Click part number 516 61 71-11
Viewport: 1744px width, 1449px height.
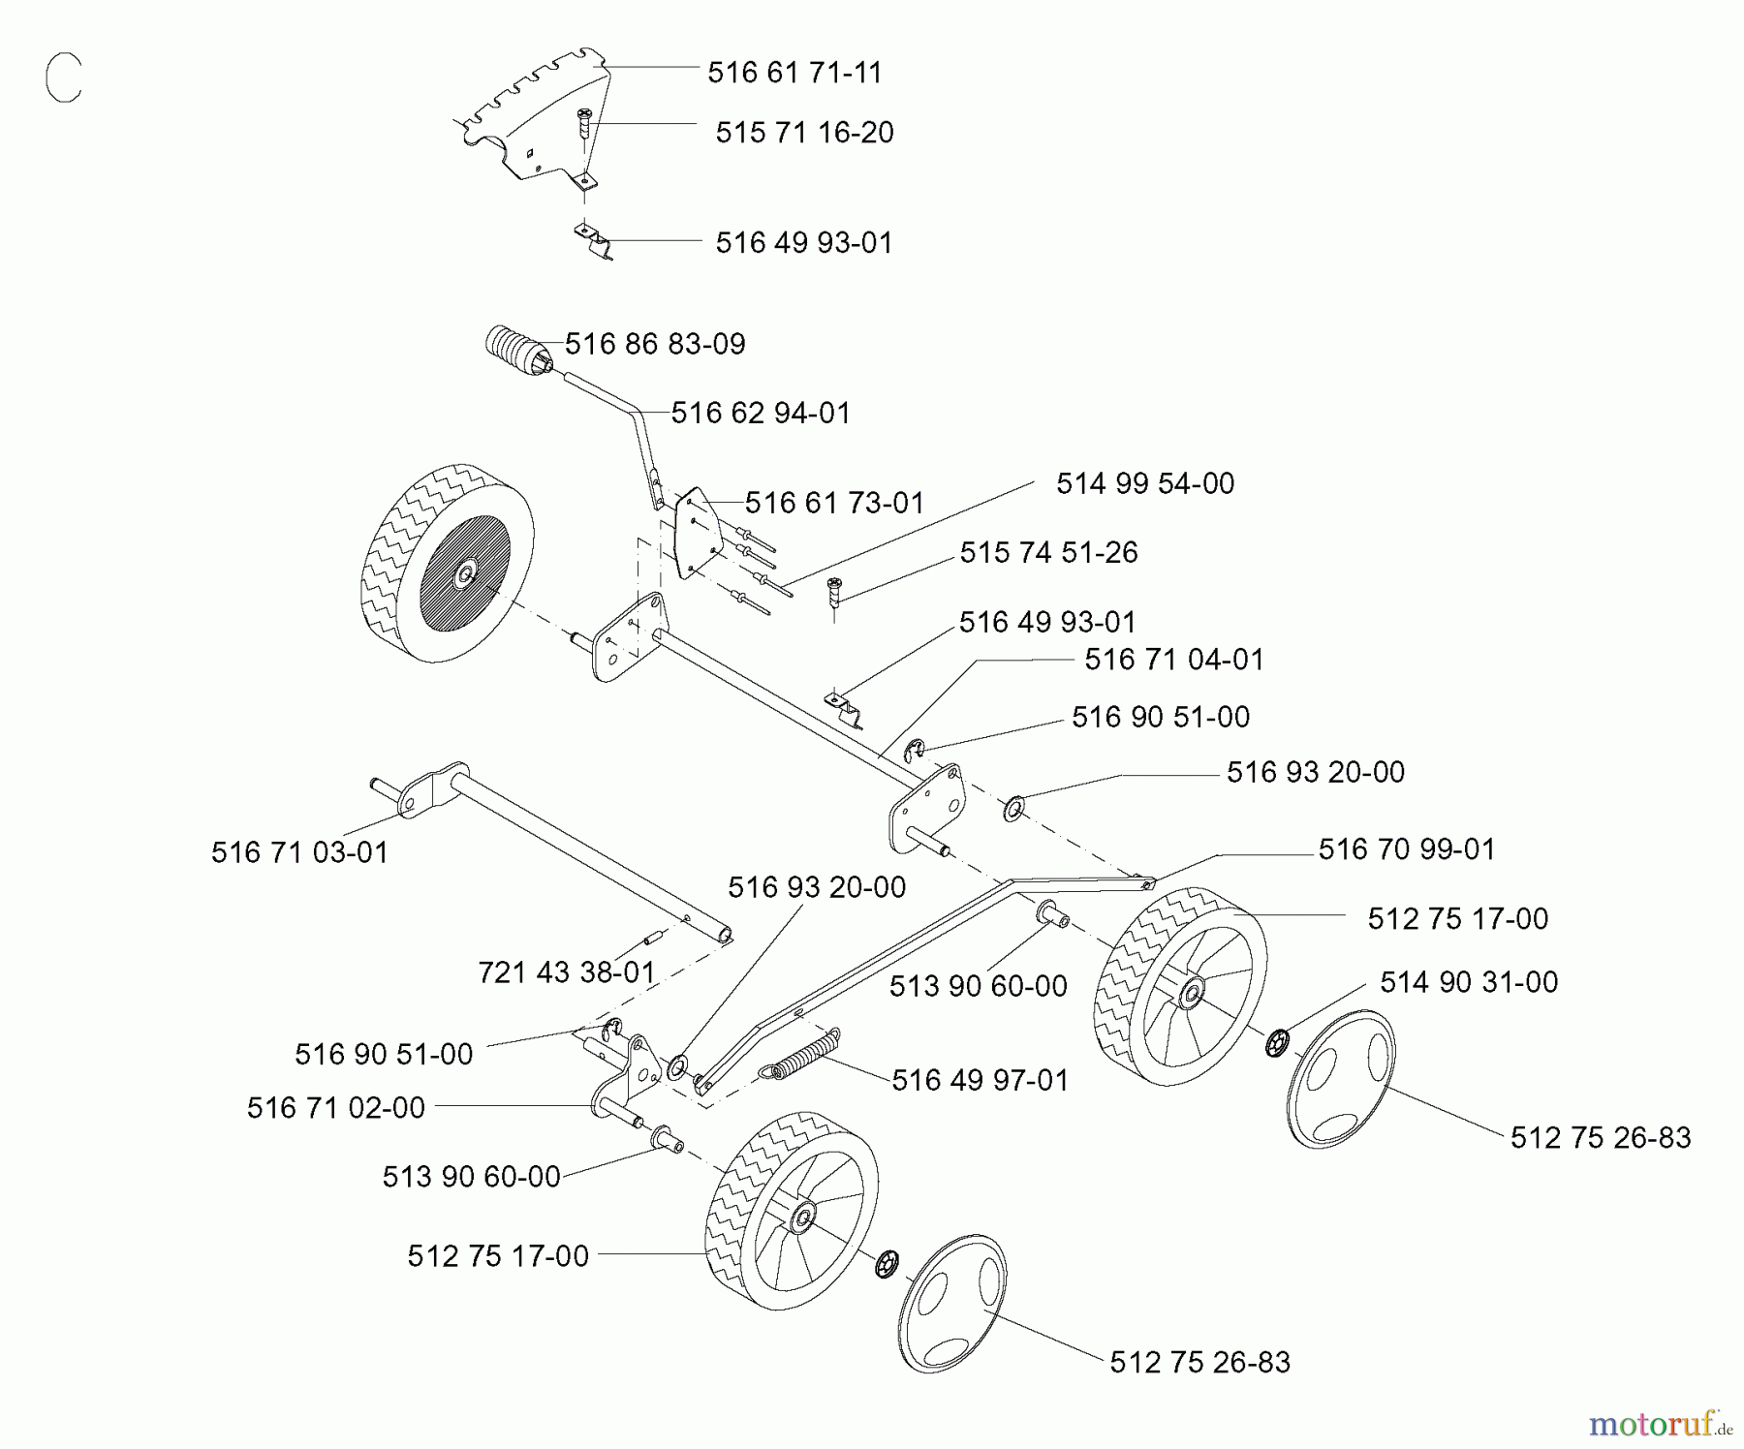point(794,73)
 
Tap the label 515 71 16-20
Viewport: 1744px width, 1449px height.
point(804,133)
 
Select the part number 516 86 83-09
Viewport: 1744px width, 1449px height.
point(655,344)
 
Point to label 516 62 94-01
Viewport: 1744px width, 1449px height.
point(761,414)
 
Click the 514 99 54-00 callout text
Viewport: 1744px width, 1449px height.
point(1145,483)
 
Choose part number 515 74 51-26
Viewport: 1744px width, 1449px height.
point(1048,552)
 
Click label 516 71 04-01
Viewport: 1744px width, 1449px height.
point(1174,660)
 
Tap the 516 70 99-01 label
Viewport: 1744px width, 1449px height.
point(1407,849)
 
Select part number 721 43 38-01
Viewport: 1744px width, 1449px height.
point(567,971)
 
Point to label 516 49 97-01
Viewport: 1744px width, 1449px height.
point(980,1080)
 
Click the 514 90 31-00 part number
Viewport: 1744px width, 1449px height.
point(1469,982)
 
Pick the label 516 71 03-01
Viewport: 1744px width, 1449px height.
point(299,852)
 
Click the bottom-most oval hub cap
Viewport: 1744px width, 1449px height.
point(952,1303)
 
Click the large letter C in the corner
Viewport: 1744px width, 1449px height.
point(64,78)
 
